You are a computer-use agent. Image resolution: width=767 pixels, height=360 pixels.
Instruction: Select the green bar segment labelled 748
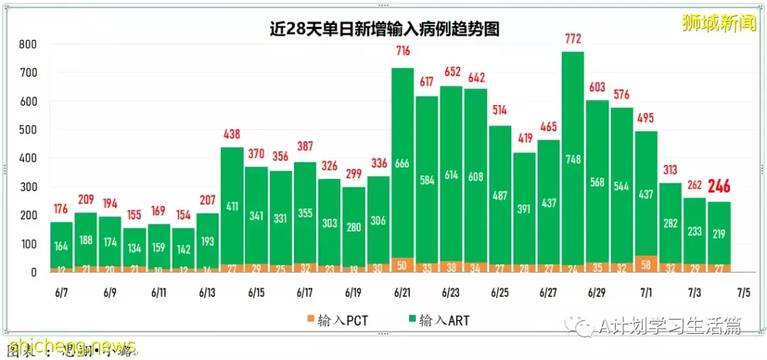[572, 160]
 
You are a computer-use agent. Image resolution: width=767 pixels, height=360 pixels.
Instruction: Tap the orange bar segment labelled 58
[646, 264]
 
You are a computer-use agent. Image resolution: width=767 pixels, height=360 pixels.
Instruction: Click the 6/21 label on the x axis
[403, 293]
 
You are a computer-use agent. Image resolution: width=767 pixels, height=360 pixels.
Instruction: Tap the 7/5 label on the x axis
[744, 293]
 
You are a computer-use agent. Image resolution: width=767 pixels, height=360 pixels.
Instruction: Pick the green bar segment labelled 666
[403, 165]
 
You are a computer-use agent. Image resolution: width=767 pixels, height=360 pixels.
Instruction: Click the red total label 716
[403, 51]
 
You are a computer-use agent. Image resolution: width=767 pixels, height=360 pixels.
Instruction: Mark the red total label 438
[232, 133]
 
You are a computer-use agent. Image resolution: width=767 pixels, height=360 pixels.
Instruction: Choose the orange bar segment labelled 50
[403, 265]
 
